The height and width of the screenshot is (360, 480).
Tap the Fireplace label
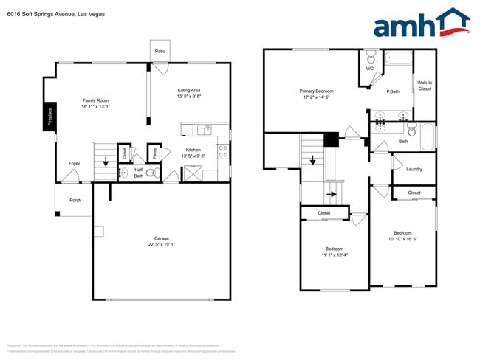[50, 118]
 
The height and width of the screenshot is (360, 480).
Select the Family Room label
[96, 100]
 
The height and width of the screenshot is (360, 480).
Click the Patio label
[160, 52]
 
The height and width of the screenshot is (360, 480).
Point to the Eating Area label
[189, 91]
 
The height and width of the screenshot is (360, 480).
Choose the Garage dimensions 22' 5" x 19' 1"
[162, 245]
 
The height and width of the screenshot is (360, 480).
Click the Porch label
[75, 200]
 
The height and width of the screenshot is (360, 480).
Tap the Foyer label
[75, 164]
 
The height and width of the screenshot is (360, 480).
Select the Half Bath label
[138, 172]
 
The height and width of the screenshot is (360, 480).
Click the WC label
[370, 69]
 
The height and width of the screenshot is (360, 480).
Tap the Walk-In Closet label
[425, 86]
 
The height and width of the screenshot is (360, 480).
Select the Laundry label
[414, 169]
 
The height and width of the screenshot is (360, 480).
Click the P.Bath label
[393, 91]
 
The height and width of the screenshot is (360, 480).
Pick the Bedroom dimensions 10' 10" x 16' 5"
[403, 239]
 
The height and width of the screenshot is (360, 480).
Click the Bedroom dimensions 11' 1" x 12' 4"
[335, 255]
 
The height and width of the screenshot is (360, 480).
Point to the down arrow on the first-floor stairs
[106, 161]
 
